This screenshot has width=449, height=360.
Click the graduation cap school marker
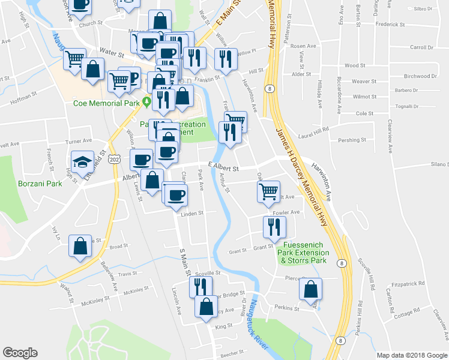coord(83,162)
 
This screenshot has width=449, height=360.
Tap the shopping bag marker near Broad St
coord(80,246)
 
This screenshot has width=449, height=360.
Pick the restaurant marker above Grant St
coord(274,227)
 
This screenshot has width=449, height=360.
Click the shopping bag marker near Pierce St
coord(310,289)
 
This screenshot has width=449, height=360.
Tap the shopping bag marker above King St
coord(206,307)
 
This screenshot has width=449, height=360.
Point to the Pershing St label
coord(352,140)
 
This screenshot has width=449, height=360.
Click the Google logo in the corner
coord(20,352)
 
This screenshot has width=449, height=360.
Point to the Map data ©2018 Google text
coord(412,355)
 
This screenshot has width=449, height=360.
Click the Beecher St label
coord(233,352)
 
